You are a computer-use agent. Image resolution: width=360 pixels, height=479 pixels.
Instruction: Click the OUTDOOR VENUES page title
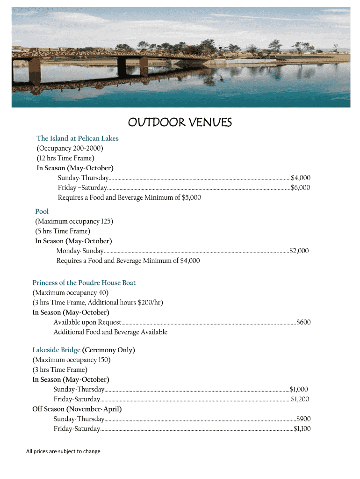coord(180,123)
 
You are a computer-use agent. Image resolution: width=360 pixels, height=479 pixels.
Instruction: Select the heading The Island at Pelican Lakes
coord(78,138)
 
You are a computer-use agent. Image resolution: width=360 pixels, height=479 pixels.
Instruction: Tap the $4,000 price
coord(301,178)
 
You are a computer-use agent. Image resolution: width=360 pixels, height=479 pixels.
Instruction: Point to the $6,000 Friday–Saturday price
coord(301,188)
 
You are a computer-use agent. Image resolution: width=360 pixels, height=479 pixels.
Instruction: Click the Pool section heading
coord(42,212)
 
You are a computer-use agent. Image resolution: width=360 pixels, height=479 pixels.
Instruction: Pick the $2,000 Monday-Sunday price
coord(299,251)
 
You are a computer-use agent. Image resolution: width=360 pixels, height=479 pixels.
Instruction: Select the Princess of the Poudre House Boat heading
coord(84,283)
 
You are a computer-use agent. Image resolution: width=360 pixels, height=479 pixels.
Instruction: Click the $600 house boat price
coord(303,322)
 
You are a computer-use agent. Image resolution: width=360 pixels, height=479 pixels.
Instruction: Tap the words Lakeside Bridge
coord(56,350)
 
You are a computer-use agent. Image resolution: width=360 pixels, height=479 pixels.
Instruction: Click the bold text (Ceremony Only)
coord(108,350)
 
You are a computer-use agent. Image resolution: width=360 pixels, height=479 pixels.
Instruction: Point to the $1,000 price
coord(299,389)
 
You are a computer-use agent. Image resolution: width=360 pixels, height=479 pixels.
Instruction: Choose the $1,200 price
coord(300,399)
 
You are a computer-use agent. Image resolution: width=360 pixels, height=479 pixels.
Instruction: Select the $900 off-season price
coord(303,419)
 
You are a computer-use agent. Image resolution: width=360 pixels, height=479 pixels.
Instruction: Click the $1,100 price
coord(302,429)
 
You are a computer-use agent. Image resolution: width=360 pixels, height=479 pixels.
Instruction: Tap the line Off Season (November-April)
coord(77,409)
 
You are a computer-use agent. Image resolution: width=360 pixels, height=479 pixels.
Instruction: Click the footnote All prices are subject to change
coord(63,451)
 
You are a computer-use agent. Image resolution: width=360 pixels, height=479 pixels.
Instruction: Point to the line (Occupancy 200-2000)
coord(70,148)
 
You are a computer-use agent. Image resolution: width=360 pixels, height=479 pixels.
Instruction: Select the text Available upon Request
coord(87,322)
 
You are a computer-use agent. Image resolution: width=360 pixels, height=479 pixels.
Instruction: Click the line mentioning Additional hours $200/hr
coord(98,303)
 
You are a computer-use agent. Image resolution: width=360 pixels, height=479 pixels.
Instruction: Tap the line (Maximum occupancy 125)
coord(74,221)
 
